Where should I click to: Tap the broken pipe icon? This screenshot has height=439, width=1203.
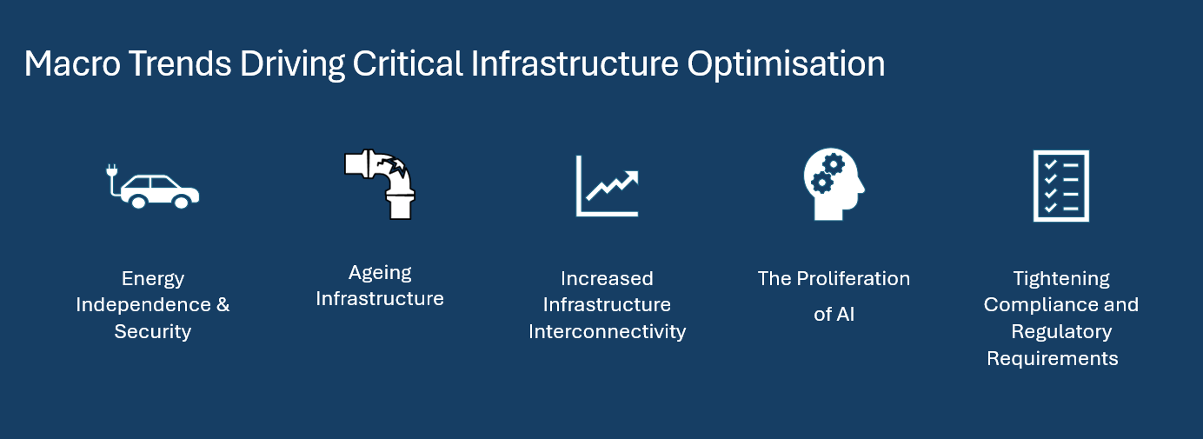[380, 183]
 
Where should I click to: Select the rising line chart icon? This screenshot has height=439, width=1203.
[608, 185]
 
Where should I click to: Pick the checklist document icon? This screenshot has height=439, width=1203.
[1060, 185]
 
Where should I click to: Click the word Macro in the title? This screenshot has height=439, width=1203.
[67, 65]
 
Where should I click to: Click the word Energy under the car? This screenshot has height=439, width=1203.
[153, 279]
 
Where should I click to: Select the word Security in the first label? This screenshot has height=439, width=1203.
[153, 332]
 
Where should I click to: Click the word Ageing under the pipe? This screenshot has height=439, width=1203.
[380, 273]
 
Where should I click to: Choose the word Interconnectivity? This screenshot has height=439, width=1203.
[607, 332]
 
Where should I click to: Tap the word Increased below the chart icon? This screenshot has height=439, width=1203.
[607, 279]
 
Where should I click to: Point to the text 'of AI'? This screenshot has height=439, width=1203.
[834, 315]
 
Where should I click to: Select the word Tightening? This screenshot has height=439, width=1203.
[1060, 279]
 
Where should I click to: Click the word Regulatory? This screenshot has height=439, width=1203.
[1060, 332]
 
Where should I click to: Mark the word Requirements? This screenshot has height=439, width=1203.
[1052, 358]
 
